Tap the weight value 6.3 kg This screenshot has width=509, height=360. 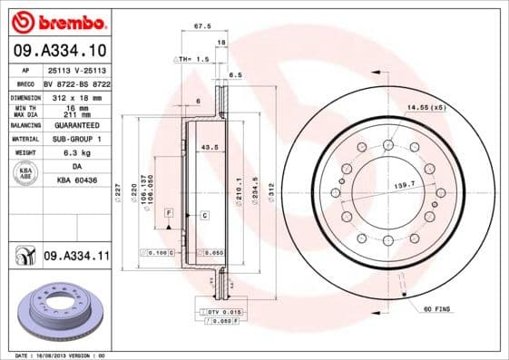click(75, 153)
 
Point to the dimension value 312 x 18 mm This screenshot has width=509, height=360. click(75, 95)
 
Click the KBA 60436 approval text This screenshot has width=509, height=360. click(75, 180)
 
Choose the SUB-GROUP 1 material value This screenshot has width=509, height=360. click(75, 139)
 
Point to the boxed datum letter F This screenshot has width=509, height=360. click(168, 211)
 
